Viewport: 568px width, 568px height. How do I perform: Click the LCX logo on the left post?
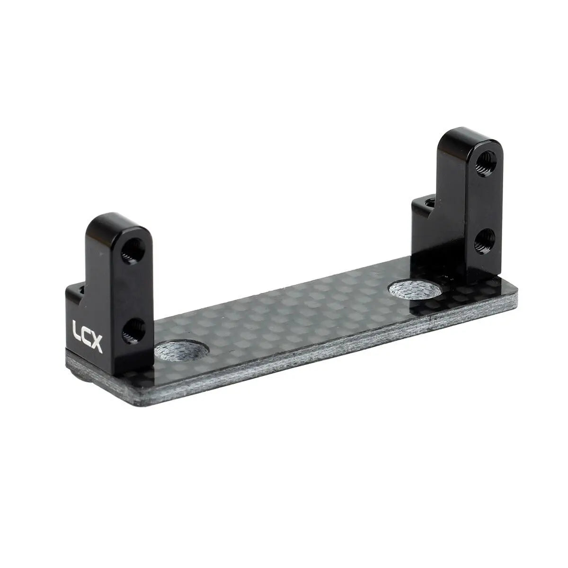87,336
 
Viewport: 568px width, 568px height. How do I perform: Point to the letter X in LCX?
96,344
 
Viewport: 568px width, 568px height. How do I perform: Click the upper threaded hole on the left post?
133,251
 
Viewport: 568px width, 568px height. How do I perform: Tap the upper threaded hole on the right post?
486,164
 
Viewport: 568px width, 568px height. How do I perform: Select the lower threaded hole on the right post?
485,241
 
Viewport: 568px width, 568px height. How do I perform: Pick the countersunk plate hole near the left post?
182,351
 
